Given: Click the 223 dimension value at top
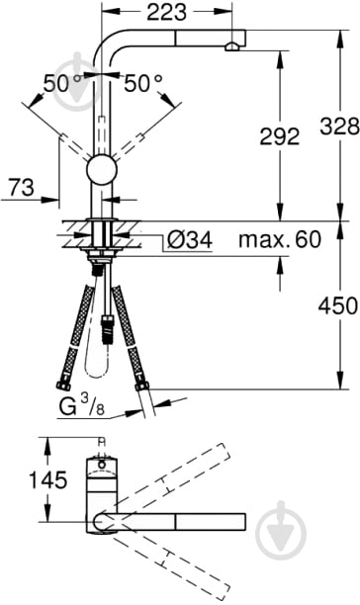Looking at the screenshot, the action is [167, 12].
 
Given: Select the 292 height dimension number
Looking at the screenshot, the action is [279, 136].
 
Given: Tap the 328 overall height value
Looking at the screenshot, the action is [339, 126].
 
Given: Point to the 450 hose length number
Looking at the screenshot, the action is [338, 305].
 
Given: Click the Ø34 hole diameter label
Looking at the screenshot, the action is [190, 240].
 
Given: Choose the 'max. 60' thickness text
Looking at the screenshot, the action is [280, 239].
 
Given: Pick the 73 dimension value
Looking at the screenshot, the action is [22, 187].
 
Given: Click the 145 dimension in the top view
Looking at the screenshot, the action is [48, 480].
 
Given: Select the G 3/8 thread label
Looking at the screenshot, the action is [82, 405].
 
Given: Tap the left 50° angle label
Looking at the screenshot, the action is [61, 83].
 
